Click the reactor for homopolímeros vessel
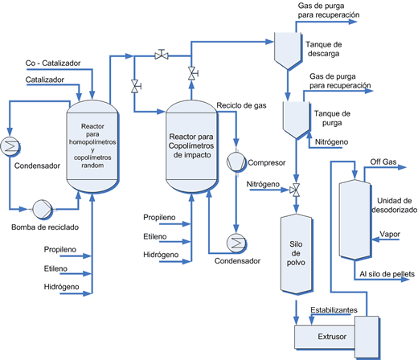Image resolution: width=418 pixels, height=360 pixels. point(93,142)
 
